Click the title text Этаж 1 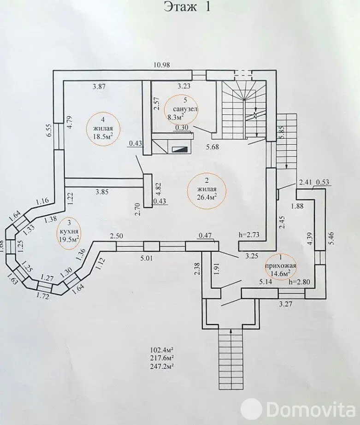pos(187,6)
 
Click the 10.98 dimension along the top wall pos(162,65)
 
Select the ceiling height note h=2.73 pos(249,235)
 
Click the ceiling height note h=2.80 pos(299,282)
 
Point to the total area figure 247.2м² pos(162,366)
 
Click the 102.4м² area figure pos(162,349)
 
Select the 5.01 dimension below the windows pos(147,258)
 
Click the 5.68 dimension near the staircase pos(212,147)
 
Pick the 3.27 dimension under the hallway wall pos(286,304)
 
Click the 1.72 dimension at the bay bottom pos(42,297)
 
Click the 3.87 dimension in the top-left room pos(99,87)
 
